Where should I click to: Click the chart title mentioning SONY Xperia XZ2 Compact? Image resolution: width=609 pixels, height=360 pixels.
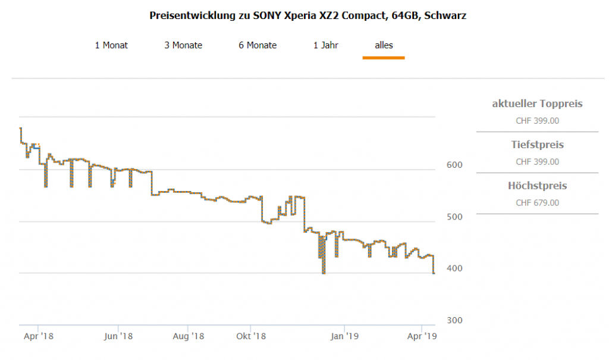point(307,16)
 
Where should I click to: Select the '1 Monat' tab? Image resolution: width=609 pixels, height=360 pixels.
point(111,45)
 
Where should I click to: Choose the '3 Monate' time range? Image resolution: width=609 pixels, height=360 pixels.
point(183,45)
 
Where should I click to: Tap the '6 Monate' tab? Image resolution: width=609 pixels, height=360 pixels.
point(258,45)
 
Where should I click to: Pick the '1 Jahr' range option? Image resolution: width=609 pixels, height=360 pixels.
point(326,45)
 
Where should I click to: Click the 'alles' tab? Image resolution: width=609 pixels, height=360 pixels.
point(384,45)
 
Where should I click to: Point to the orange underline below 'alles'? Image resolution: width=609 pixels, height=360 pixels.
point(384,58)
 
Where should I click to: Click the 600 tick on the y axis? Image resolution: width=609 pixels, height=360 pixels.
point(454,165)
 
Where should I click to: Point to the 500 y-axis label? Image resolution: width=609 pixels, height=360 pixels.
point(454,217)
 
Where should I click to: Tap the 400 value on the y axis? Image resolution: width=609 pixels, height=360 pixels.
point(454,268)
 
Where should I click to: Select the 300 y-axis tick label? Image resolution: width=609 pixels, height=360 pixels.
point(454,320)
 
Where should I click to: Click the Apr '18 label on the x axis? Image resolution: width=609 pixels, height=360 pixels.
point(38,337)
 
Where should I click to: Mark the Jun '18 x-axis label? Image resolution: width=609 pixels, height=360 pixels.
point(118,337)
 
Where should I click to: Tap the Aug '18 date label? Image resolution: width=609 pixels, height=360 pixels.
point(188,337)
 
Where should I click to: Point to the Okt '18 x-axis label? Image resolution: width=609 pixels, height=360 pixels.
point(250,337)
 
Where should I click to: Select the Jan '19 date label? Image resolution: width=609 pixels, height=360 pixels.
point(345,337)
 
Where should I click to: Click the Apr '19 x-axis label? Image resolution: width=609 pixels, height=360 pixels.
point(422,337)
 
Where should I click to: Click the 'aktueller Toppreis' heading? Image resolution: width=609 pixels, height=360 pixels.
point(537,104)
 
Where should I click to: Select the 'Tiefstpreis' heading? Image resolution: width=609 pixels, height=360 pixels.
point(537,145)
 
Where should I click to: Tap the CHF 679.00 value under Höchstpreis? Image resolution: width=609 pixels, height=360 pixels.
point(537,203)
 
